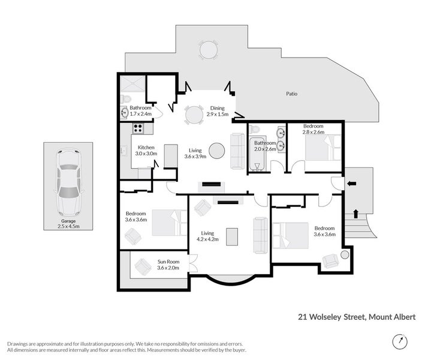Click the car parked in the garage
click(67, 184)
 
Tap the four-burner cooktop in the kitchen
click(138, 127)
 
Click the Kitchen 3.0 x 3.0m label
click(147, 150)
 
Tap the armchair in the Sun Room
click(143, 266)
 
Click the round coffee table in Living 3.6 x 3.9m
click(216, 151)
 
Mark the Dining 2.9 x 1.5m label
click(217, 110)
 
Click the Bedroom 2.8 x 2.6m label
click(313, 129)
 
